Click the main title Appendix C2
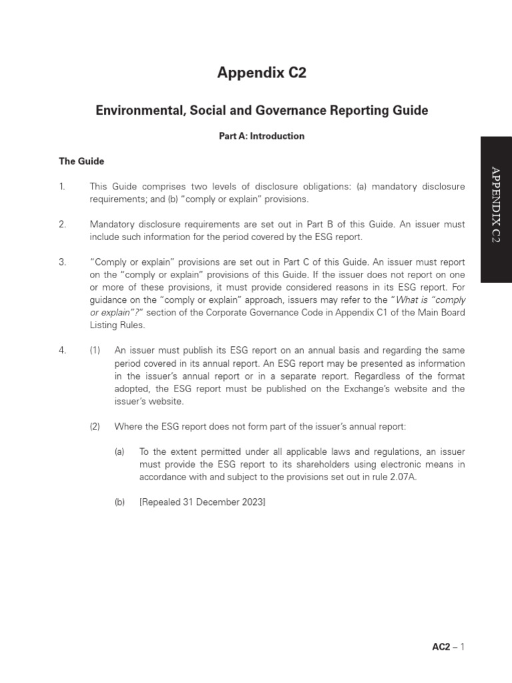click(261, 73)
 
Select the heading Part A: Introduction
click(261, 136)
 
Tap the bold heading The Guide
click(81, 161)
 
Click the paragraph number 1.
click(62, 187)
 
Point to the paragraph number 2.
click(62, 225)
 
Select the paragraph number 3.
click(62, 262)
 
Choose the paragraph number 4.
click(62, 350)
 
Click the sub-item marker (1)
click(95, 350)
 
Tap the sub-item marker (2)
click(95, 426)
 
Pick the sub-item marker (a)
click(120, 452)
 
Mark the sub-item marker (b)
click(120, 502)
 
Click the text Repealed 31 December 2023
click(202, 502)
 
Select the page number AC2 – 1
click(448, 646)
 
